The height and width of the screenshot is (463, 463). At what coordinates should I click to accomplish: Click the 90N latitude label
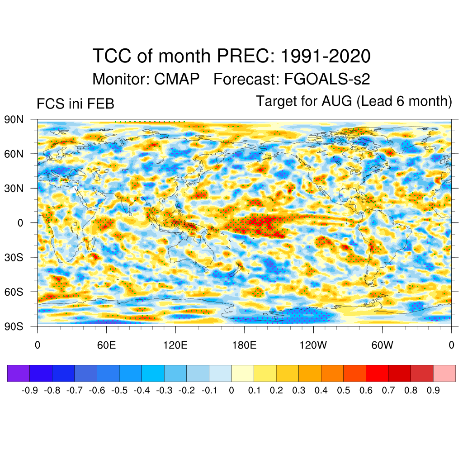tap(14, 119)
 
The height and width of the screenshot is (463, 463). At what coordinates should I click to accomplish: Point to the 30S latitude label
tap(14, 257)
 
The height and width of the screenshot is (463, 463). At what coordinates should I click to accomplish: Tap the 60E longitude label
tap(106, 345)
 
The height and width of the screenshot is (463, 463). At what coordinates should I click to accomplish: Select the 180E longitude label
tap(244, 345)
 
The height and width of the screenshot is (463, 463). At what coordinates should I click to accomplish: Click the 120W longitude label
tap(313, 345)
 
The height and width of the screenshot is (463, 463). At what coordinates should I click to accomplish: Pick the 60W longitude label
tap(382, 345)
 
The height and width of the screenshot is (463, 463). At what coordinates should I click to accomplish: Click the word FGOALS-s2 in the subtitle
tap(327, 80)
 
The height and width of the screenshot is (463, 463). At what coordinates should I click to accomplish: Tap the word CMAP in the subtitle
tap(177, 80)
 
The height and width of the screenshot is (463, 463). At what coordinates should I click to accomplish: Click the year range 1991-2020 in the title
tap(326, 57)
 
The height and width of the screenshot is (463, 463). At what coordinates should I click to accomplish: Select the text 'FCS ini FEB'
tap(75, 104)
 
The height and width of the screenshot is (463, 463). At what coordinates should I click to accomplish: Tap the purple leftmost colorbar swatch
tap(19, 373)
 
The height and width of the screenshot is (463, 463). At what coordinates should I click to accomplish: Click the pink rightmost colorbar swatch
tap(444, 373)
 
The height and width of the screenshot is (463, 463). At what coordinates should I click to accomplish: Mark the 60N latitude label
tap(14, 154)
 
